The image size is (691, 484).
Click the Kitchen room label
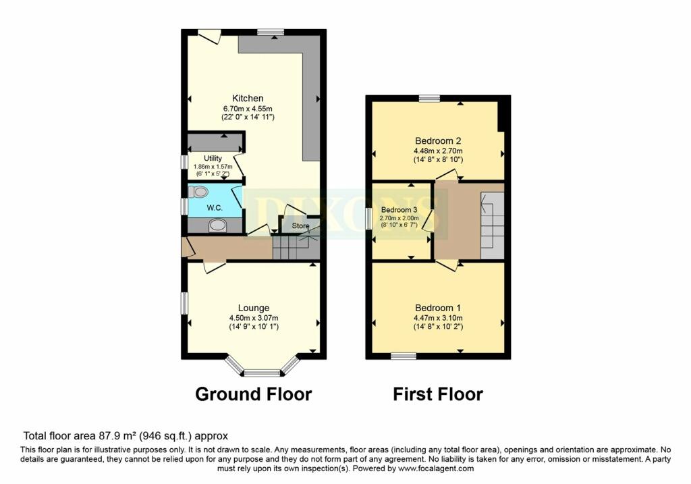pyautogui.click(x=248, y=99)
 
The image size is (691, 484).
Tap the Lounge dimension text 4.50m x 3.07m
pyautogui.click(x=254, y=318)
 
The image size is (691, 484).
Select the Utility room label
pyautogui.click(x=213, y=158)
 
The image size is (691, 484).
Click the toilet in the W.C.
pyautogui.click(x=198, y=192)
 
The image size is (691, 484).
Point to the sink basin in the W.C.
pyautogui.click(x=217, y=225)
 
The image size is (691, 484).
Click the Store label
pyautogui.click(x=300, y=226)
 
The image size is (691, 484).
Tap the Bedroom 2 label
pyautogui.click(x=438, y=141)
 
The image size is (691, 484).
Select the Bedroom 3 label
pyautogui.click(x=399, y=210)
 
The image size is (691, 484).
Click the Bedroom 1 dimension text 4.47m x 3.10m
pyautogui.click(x=438, y=318)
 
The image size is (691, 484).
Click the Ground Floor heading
pyautogui.click(x=254, y=394)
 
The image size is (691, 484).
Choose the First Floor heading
pyautogui.click(x=438, y=394)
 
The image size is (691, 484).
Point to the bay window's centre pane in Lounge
pyautogui.click(x=262, y=373)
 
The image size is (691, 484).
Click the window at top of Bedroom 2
pyautogui.click(x=429, y=99)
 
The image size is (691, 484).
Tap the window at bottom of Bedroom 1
pyautogui.click(x=404, y=356)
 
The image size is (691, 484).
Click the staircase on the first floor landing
pyautogui.click(x=492, y=225)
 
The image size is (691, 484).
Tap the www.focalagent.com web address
pyautogui.click(x=436, y=469)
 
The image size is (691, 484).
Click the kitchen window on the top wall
pyautogui.click(x=271, y=32)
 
